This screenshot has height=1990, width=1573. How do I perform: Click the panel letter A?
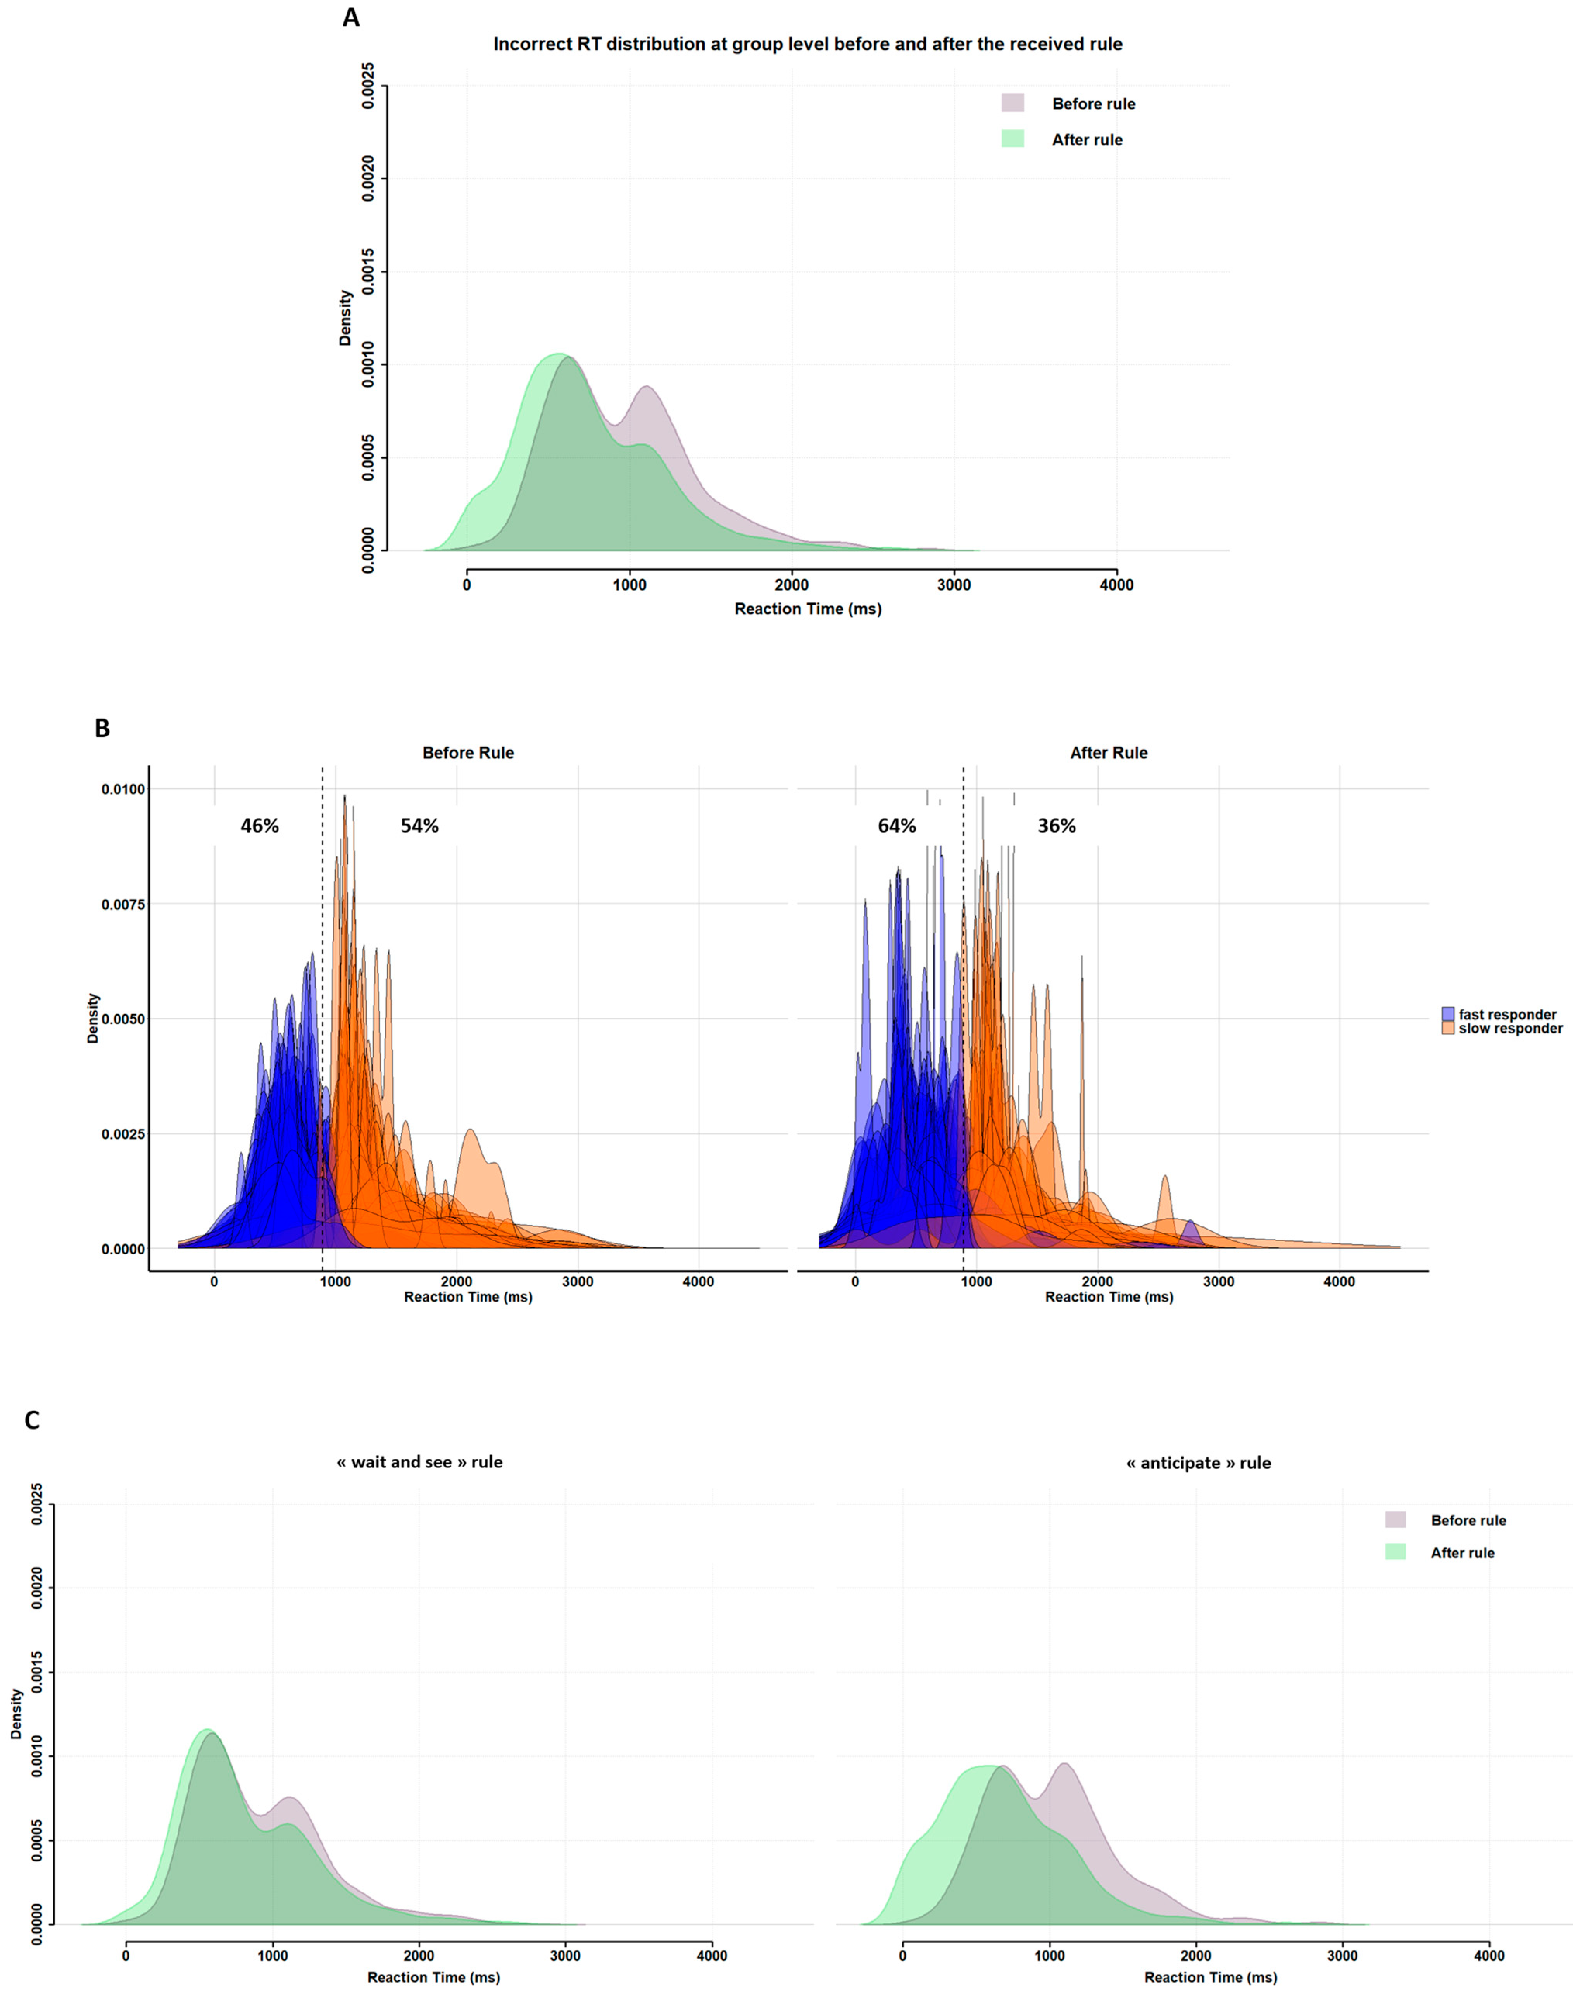pyautogui.click(x=351, y=17)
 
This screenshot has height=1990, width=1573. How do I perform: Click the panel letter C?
pyautogui.click(x=32, y=1420)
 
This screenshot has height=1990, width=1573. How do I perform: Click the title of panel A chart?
pyautogui.click(x=808, y=44)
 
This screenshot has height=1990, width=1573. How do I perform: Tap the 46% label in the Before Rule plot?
pyautogui.click(x=260, y=826)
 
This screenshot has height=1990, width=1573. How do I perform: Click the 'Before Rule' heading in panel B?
pyautogui.click(x=468, y=752)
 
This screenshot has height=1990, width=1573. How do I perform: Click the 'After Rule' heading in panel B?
pyautogui.click(x=1109, y=752)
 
